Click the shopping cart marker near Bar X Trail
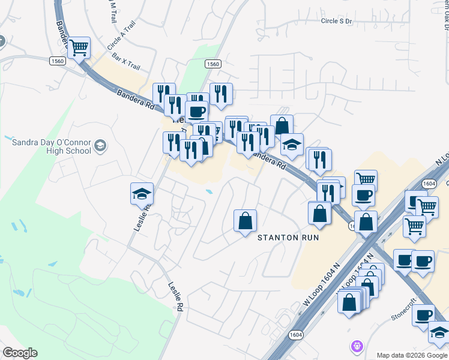click(x=79, y=47)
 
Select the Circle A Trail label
click(x=122, y=35)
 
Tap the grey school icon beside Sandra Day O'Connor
click(x=100, y=146)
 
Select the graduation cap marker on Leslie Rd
click(x=142, y=193)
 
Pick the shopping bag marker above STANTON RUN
click(x=245, y=221)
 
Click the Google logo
click(x=19, y=353)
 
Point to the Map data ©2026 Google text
click(x=412, y=355)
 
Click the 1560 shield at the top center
click(x=212, y=64)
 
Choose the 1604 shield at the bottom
click(x=295, y=335)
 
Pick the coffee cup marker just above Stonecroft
click(x=424, y=315)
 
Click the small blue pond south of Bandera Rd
click(x=209, y=192)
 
